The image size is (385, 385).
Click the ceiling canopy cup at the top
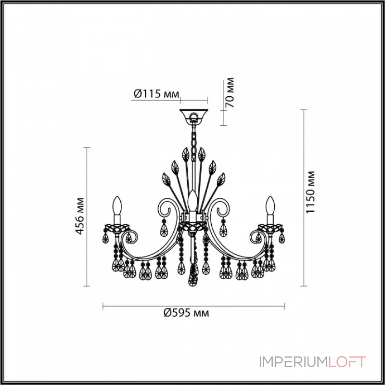pyautogui.click(x=193, y=115)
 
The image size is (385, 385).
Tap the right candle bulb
pyautogui.click(x=270, y=208)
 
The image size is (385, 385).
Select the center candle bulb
pyautogui.click(x=193, y=200)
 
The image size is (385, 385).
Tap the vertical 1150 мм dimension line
pyautogui.click(x=303, y=197)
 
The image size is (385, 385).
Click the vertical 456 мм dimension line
pyautogui.click(x=87, y=217)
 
